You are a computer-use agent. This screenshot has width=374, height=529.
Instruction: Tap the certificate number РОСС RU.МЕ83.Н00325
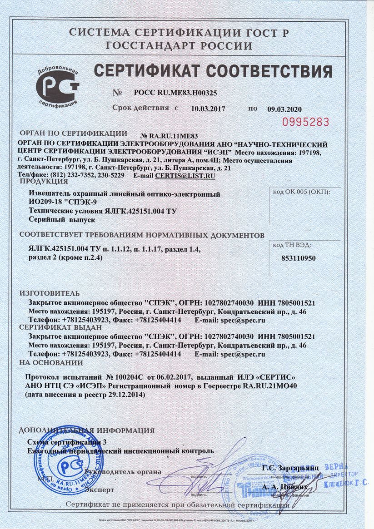pos(175,93)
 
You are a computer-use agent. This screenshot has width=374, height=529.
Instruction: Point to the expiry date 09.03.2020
pos(284,109)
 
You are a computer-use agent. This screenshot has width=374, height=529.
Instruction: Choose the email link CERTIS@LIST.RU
pos(185,175)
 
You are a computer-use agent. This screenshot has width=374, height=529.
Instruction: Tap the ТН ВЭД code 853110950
pos(299,257)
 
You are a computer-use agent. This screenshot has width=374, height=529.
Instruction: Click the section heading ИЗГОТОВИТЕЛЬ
pos(50,292)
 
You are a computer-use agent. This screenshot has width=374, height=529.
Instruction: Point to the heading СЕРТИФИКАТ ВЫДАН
pos(55,327)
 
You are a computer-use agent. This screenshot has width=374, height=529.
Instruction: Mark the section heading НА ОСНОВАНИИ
pos(51,362)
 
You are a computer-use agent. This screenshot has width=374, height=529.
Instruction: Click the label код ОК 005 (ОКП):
pos(300,193)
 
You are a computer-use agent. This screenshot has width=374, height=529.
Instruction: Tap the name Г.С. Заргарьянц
pos(291,467)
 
